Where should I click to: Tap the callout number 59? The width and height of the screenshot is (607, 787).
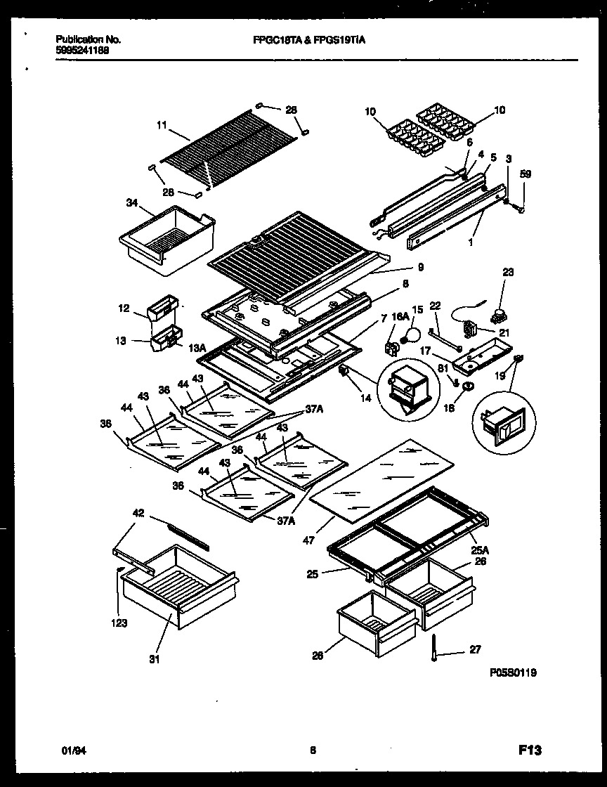526,174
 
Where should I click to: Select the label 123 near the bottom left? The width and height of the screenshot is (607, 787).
119,622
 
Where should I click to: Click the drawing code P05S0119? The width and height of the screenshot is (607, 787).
513,672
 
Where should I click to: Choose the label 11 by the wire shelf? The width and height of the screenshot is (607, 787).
162,126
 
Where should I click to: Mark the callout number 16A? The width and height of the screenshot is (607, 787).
399,318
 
